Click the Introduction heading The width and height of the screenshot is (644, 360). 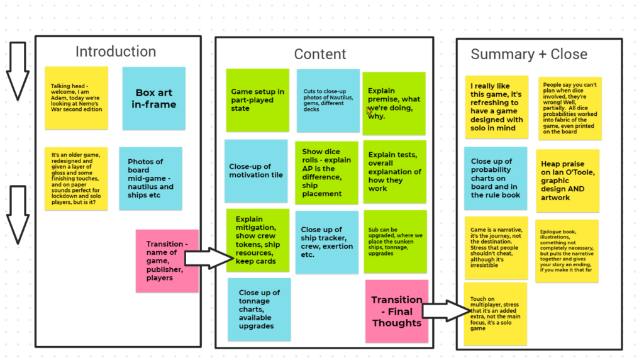coord(116,52)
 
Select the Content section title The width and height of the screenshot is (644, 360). coord(320,54)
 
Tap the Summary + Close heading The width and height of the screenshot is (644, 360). coord(529,54)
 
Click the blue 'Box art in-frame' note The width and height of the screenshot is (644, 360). coord(154,99)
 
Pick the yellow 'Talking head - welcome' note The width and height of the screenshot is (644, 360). coord(76,98)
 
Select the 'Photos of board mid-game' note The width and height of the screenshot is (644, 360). coord(151,179)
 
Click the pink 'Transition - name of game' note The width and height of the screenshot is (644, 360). coord(167,261)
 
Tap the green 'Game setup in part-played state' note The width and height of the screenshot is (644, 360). coord(257,100)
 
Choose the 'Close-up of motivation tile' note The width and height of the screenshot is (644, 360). coord(256,171)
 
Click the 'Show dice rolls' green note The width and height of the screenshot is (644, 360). coord(326,173)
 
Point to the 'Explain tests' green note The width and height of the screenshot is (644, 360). coord(395,172)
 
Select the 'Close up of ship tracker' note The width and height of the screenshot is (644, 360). coord(327,242)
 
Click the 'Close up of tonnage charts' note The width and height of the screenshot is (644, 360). coord(259,310)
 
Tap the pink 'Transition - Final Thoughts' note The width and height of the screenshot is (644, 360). coord(397,312)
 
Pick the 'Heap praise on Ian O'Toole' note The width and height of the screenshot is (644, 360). coord(568,181)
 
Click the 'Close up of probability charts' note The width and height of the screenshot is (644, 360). coord(496,178)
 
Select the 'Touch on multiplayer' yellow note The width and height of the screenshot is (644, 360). coord(496,313)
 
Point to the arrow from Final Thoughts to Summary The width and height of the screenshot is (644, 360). coord(447,311)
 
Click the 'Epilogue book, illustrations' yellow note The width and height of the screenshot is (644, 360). coord(567,251)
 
